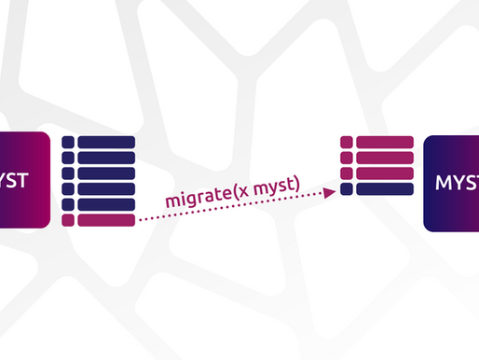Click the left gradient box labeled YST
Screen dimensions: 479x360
(x=23, y=181)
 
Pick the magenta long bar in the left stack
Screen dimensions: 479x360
(x=106, y=220)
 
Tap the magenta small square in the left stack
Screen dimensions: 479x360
(x=67, y=220)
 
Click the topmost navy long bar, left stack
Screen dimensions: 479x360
(x=106, y=143)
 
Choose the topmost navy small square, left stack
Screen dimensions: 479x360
(x=67, y=143)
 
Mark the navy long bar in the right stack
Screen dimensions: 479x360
(x=383, y=189)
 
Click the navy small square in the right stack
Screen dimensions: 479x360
(x=347, y=189)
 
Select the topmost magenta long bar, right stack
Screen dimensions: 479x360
(x=383, y=143)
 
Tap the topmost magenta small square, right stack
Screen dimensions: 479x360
(x=347, y=143)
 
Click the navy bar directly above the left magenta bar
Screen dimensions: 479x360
(x=106, y=205)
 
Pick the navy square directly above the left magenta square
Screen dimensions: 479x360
(x=67, y=205)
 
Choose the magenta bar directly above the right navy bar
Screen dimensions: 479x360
(x=383, y=173)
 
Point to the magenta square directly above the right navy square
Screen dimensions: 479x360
(x=347, y=173)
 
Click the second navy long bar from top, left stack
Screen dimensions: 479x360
(x=106, y=159)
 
